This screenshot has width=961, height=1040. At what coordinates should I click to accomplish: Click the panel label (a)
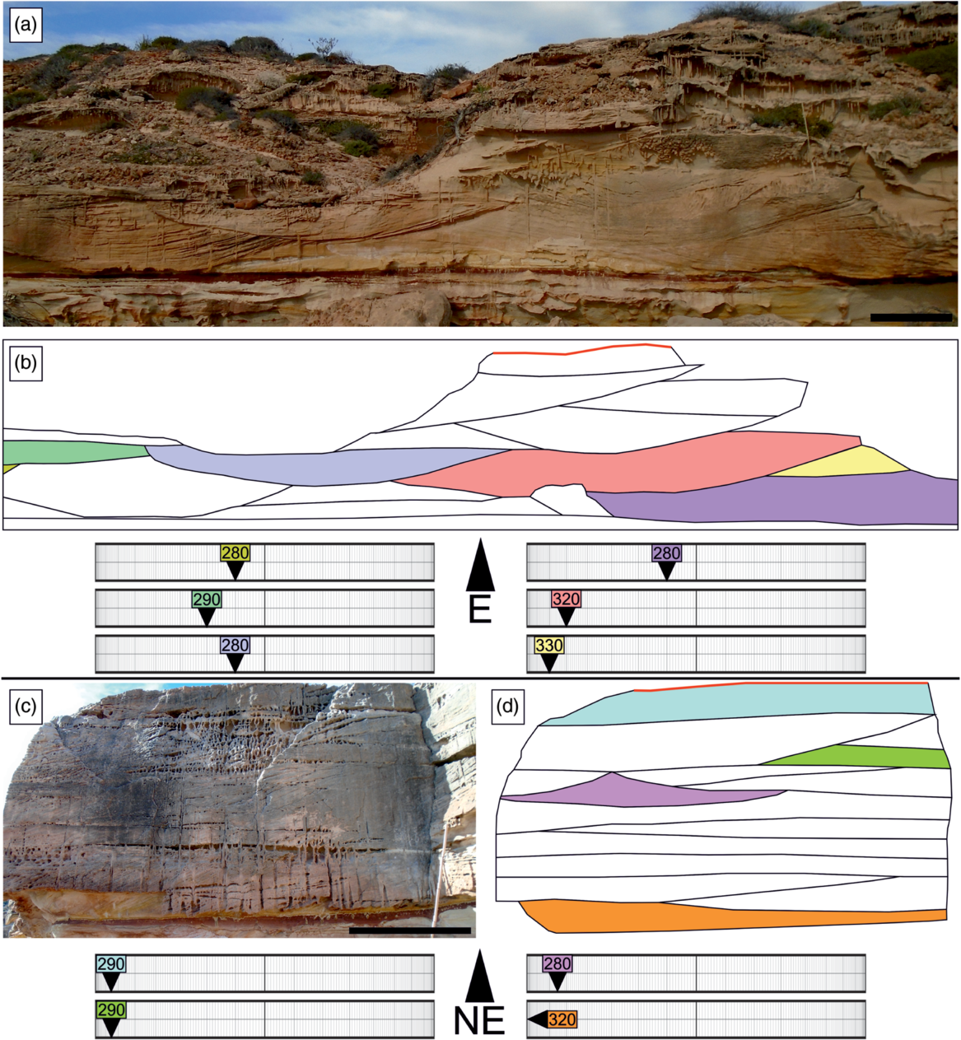pos(25,26)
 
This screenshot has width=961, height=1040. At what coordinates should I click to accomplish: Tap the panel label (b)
pos(25,363)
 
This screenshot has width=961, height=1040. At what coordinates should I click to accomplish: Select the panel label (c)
pos(25,706)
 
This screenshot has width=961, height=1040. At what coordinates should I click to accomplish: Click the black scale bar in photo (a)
pos(911,317)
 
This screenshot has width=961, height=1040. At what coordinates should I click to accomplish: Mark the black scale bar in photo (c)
pos(409,930)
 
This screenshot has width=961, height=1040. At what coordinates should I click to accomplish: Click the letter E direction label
pos(479,610)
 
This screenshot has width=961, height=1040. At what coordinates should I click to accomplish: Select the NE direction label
pos(479,1021)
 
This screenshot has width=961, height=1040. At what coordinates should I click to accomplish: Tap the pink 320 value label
pos(566,599)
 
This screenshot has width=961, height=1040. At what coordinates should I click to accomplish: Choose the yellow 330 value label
pos(548,646)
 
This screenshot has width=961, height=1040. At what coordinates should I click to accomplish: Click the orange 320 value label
pos(562,1019)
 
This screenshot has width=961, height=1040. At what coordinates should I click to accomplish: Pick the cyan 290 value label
pos(110,964)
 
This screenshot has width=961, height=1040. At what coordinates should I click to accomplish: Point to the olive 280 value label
pos(235,553)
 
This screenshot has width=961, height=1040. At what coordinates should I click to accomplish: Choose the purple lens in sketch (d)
pos(626,790)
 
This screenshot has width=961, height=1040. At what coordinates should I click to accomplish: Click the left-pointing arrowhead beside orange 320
pos(537,1019)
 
